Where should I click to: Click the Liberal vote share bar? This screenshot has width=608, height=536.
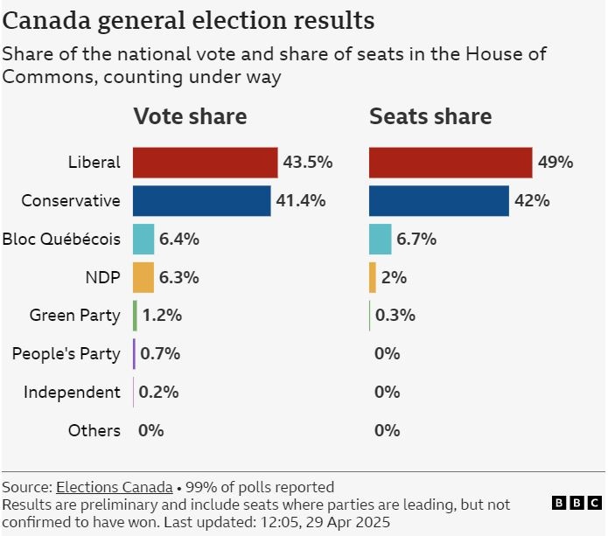click(x=205, y=163)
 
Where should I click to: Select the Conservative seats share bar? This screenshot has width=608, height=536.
click(x=438, y=200)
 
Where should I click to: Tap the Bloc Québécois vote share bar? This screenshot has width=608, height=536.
click(x=143, y=239)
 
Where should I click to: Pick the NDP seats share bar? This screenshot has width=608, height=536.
click(x=373, y=277)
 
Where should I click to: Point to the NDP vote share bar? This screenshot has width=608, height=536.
click(x=143, y=277)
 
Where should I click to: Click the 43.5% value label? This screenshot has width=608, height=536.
click(x=307, y=163)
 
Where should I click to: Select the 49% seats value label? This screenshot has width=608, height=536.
click(x=556, y=163)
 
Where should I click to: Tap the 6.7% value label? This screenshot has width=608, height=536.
click(x=416, y=239)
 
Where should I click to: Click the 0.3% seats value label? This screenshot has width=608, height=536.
click(x=395, y=316)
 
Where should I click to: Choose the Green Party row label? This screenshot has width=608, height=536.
click(x=74, y=316)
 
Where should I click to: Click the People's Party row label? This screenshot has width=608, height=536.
click(x=66, y=354)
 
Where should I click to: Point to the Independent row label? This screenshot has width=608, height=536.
click(x=72, y=393)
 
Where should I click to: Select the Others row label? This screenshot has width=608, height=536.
click(x=94, y=431)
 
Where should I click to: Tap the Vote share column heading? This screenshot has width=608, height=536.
click(x=190, y=116)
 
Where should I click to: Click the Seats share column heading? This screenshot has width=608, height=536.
click(x=430, y=116)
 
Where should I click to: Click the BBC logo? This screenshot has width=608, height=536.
click(x=577, y=503)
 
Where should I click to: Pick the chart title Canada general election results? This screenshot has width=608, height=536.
click(x=188, y=20)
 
